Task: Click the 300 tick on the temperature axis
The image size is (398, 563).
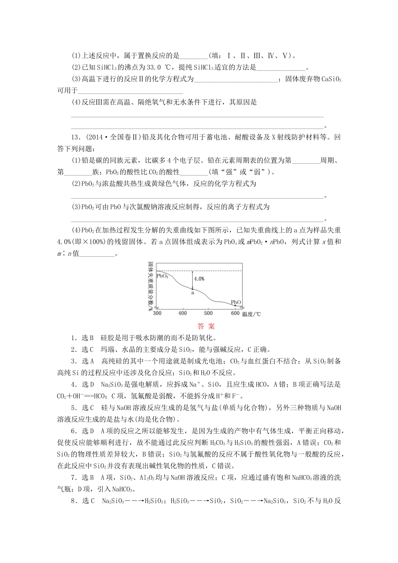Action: [157, 313]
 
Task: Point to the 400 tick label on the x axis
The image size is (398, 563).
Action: [183, 313]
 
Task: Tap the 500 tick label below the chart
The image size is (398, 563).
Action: [208, 313]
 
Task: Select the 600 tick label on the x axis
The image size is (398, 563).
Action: [235, 313]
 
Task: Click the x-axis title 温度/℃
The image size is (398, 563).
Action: [251, 314]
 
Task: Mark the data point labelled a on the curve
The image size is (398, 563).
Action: [192, 289]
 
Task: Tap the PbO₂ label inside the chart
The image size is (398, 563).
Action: [163, 276]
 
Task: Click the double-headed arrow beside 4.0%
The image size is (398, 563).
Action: [192, 280]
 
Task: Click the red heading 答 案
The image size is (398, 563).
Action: [206, 326]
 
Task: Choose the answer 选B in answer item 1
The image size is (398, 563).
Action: [87, 338]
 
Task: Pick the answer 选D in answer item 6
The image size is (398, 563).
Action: [87, 431]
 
